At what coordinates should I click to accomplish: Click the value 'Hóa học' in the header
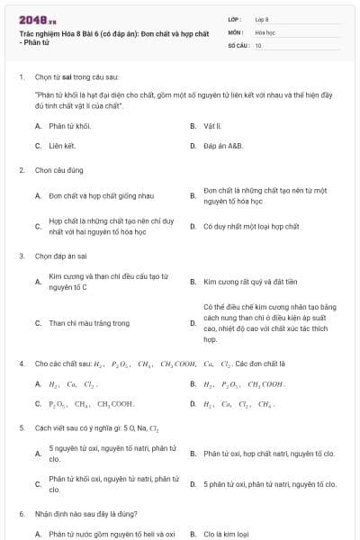pyautogui.click(x=265, y=31)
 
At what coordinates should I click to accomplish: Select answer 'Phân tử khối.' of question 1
pyautogui.click(x=71, y=126)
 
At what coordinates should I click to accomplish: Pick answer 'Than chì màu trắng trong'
pyautogui.click(x=89, y=323)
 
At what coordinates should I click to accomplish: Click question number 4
pyautogui.click(x=21, y=364)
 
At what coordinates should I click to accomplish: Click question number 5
pyautogui.click(x=21, y=427)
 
